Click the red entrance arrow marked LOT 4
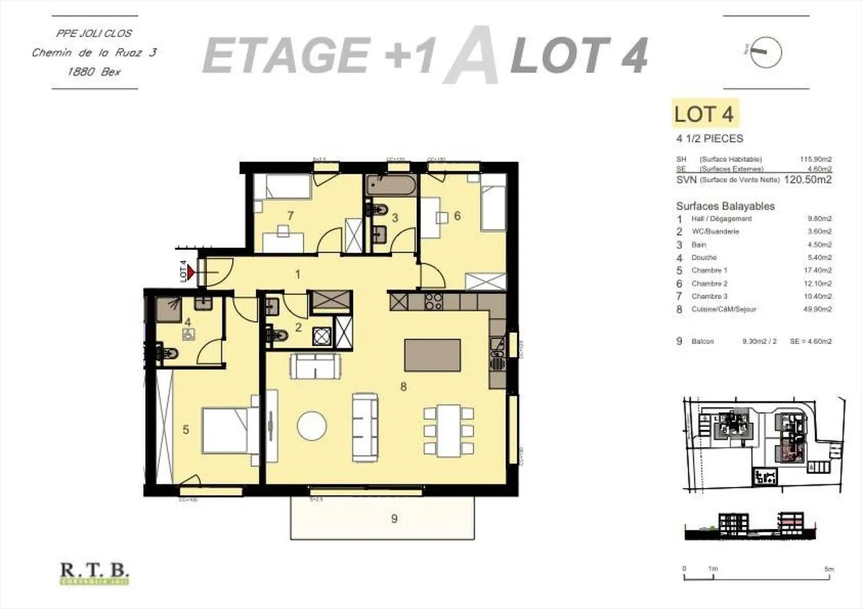pyautogui.click(x=191, y=273)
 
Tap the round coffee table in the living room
pyautogui.click(x=312, y=426)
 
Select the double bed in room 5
pyautogui.click(x=230, y=430)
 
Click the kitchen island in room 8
pyautogui.click(x=433, y=355)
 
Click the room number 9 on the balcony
pyautogui.click(x=394, y=519)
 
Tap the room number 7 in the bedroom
pyautogui.click(x=290, y=215)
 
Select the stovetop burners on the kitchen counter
pyautogui.click(x=433, y=301)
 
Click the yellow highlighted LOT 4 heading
pyautogui.click(x=703, y=114)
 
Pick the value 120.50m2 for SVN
pyautogui.click(x=808, y=179)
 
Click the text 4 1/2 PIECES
pyautogui.click(x=709, y=139)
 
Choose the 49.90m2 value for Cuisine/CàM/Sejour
pyautogui.click(x=819, y=309)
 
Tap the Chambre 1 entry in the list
pyautogui.click(x=709, y=270)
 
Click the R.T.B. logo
pyautogui.click(x=95, y=573)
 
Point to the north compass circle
pyautogui.click(x=766, y=51)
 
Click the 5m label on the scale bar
pyautogui.click(x=828, y=569)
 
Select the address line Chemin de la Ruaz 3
pyautogui.click(x=95, y=53)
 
